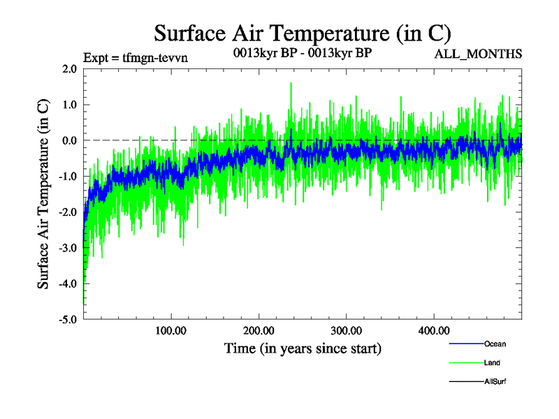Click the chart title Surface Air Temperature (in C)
(x=303, y=33)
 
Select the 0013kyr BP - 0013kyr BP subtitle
(x=303, y=52)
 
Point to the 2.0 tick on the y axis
(x=69, y=69)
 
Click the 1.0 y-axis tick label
(x=69, y=105)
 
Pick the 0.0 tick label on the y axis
(x=69, y=140)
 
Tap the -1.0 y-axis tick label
(x=68, y=177)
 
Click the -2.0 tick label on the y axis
(x=68, y=212)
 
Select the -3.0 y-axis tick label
(x=68, y=248)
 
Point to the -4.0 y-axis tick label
(x=68, y=284)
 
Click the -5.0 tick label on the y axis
(x=68, y=320)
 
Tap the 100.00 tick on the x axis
(x=170, y=330)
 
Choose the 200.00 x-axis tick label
(x=259, y=330)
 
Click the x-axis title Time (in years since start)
(x=303, y=348)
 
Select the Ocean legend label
(x=495, y=344)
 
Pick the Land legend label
(x=492, y=363)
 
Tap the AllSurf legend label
(x=495, y=381)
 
